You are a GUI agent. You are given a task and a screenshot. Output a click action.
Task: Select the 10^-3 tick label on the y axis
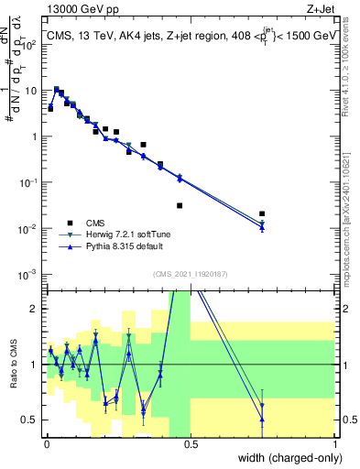click(x=27, y=274)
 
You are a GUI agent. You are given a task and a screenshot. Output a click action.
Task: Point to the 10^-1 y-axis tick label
click(x=27, y=182)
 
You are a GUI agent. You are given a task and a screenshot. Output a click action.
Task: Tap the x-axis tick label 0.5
click(x=191, y=443)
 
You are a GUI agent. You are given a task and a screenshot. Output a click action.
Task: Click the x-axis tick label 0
click(x=46, y=443)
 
